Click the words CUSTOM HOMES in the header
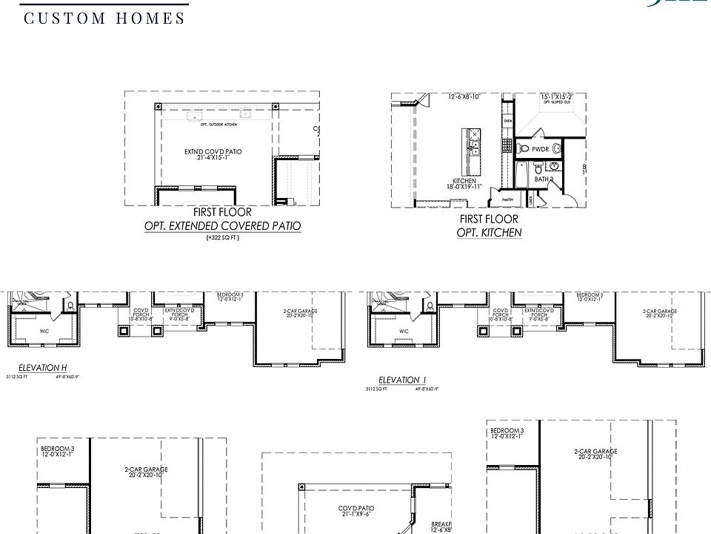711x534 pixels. point(104,18)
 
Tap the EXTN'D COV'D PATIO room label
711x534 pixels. point(213,154)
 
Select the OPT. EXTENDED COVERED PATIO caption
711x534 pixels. point(223,226)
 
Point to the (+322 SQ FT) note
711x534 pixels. point(223,239)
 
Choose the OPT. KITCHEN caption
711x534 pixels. point(489,233)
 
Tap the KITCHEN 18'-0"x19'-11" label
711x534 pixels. point(466,183)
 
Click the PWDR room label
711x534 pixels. point(540,149)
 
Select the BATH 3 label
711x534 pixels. point(544,179)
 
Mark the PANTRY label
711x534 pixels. point(507,200)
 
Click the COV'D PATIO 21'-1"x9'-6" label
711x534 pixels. point(356,511)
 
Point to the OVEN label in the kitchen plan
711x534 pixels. point(507,120)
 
